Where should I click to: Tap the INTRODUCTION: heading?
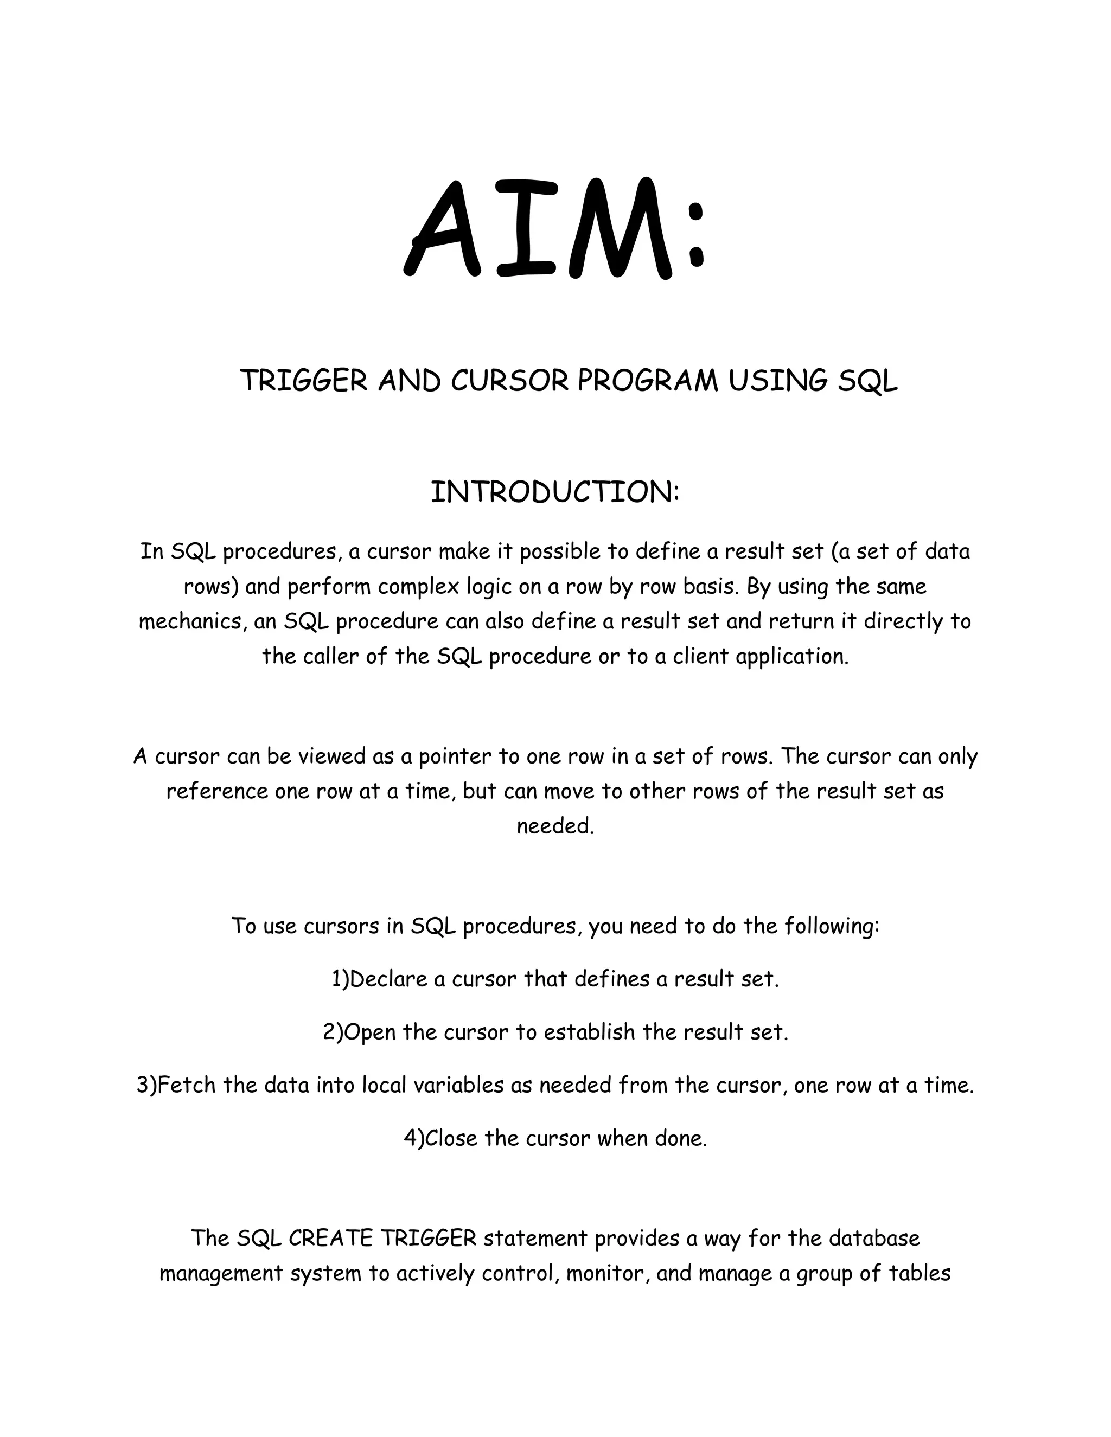click(555, 492)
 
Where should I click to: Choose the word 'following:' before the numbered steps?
click(831, 926)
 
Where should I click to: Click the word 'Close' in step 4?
click(451, 1138)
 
